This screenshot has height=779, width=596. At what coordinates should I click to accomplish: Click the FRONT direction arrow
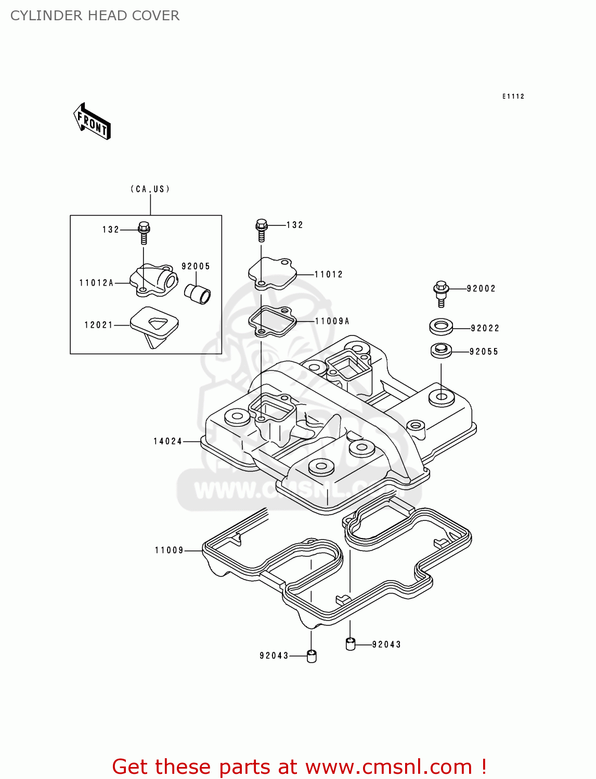coord(93,122)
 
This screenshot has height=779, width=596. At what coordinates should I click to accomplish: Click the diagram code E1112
coord(513,97)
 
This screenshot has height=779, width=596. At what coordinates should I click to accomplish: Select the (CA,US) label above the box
coord(150,189)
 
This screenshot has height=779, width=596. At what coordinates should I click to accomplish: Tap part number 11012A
coord(96,283)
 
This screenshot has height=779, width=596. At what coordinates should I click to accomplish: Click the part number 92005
coord(196,266)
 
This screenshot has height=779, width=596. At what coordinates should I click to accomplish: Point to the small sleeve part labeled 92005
coord(198,294)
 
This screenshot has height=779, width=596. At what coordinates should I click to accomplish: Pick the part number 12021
coord(98,325)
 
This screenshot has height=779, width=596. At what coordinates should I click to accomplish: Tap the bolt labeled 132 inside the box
coord(144,233)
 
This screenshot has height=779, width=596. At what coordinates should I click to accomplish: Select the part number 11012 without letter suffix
coord(329,274)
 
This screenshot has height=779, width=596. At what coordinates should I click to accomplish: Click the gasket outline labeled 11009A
coord(272,321)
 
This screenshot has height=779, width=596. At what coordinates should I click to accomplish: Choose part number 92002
coord(481,289)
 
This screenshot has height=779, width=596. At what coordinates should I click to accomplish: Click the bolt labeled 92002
coord(441,293)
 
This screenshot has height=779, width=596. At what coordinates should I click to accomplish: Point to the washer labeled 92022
coord(441,327)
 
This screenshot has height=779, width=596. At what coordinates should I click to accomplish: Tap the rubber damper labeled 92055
coord(441,351)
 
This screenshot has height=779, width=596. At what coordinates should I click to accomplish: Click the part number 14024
coord(167,441)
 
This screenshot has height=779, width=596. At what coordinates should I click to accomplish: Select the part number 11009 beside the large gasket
coord(169,550)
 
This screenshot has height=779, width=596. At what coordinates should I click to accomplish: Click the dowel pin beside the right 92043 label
coord(351,644)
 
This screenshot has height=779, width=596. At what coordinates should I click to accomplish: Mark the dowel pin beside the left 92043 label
coord(312,656)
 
